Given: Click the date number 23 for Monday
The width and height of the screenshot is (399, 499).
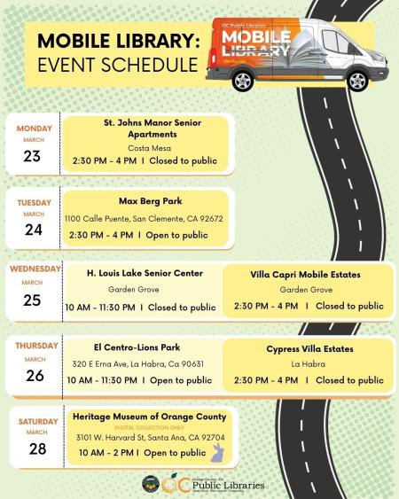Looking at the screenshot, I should [x=33, y=156].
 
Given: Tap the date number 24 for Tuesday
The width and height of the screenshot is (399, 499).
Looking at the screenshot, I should [x=33, y=230].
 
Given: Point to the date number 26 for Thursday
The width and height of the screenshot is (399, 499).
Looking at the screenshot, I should [x=33, y=374].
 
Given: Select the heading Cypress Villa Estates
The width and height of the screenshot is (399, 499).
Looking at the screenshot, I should [x=307, y=349].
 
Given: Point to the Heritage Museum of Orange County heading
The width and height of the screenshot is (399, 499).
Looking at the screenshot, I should [x=150, y=417].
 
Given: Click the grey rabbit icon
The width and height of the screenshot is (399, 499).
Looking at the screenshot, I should [x=215, y=454].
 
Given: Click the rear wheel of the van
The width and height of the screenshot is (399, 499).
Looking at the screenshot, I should [x=241, y=82].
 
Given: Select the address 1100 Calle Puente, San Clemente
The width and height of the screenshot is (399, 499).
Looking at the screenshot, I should [x=144, y=218].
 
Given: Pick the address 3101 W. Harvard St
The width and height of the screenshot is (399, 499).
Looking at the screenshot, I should [x=150, y=438].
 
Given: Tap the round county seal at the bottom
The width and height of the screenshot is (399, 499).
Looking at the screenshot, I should [x=150, y=484].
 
